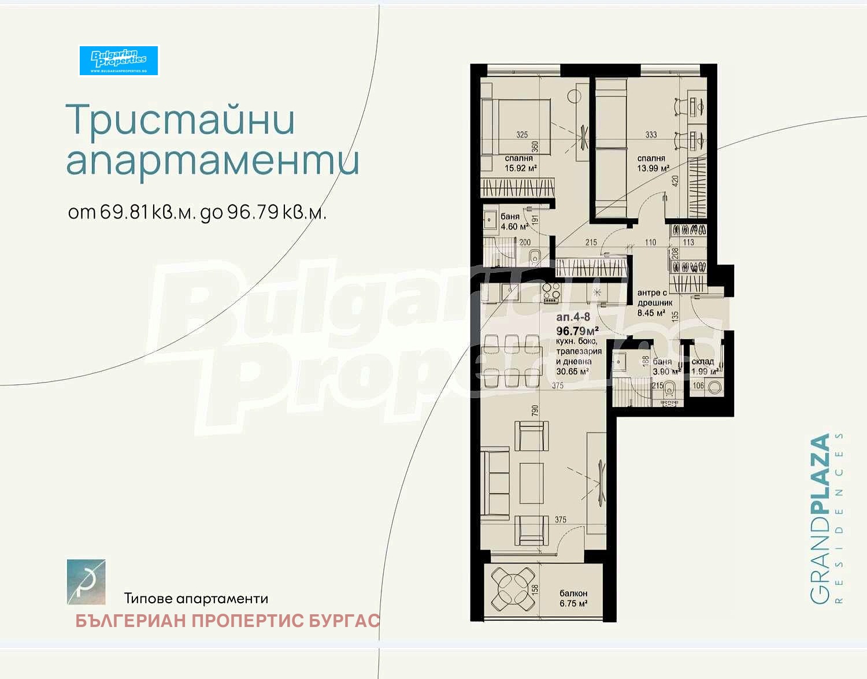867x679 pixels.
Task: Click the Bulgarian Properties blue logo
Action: point(118,60)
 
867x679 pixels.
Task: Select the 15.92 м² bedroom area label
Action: point(520,164)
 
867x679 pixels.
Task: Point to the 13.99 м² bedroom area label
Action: point(652,163)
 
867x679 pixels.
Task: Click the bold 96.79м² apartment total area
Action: point(577,331)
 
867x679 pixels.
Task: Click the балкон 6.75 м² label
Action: point(573,598)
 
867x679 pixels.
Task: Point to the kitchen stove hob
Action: point(550,293)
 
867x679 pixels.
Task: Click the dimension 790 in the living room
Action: point(535,411)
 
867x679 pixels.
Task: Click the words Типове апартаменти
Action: point(196,599)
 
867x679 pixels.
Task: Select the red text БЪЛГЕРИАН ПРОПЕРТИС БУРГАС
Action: point(227,621)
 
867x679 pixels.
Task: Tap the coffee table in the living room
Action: point(531,483)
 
